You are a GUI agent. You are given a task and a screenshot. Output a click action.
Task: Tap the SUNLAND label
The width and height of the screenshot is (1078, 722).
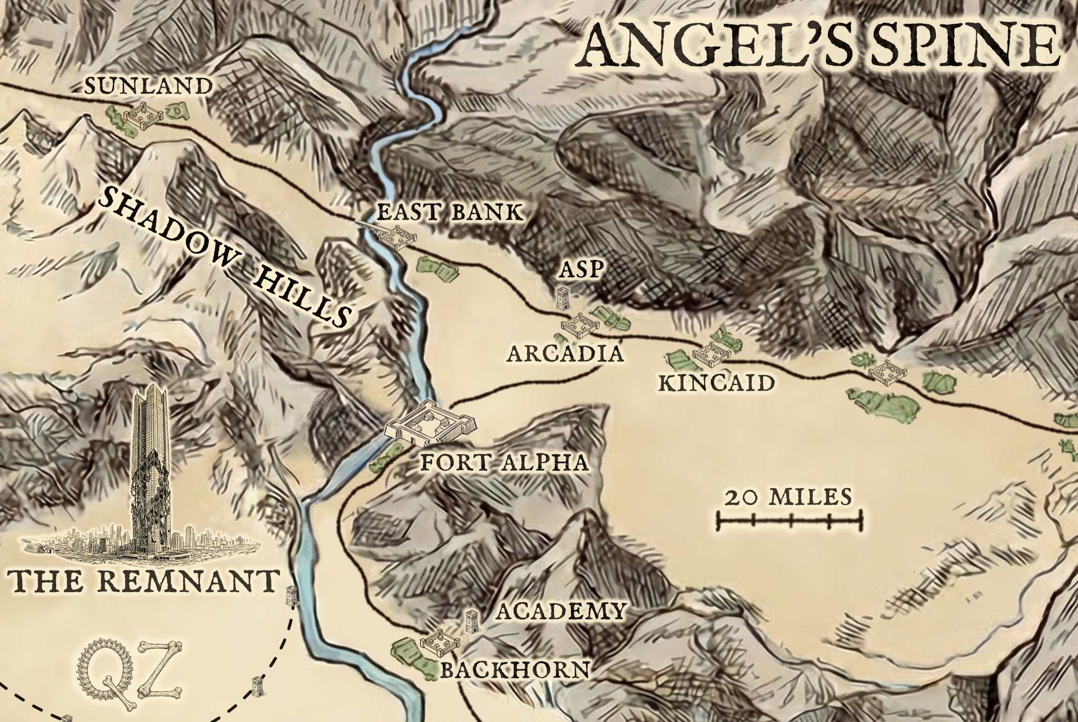point(147,86)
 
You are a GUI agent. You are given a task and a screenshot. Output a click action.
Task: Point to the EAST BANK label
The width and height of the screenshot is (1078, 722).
point(451,213)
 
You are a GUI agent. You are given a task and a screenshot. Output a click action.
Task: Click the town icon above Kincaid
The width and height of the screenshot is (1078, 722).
point(711,352)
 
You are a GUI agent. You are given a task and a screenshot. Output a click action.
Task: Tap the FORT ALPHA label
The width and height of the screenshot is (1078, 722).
point(504,463)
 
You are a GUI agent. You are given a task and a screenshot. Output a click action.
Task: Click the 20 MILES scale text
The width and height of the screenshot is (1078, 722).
point(787,497)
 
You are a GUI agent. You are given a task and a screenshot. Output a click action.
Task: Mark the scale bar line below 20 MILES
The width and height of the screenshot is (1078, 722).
point(790,521)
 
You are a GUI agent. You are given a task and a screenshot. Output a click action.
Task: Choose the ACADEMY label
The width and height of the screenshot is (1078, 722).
point(561,611)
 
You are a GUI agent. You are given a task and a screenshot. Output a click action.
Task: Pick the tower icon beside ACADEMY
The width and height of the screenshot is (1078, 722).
point(472,622)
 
